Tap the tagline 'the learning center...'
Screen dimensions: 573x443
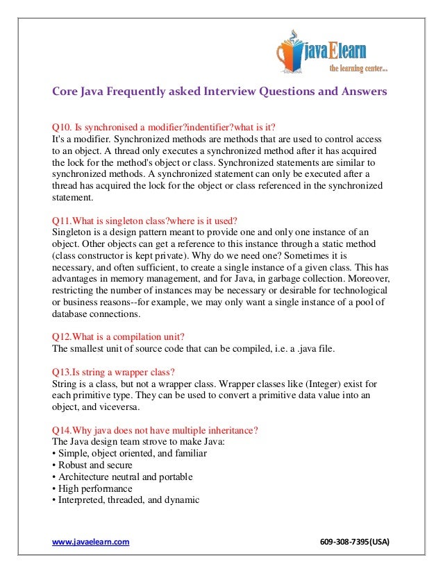pos(359,68)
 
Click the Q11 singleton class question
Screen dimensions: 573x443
pos(145,221)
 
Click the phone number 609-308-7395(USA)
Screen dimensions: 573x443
pos(355,541)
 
